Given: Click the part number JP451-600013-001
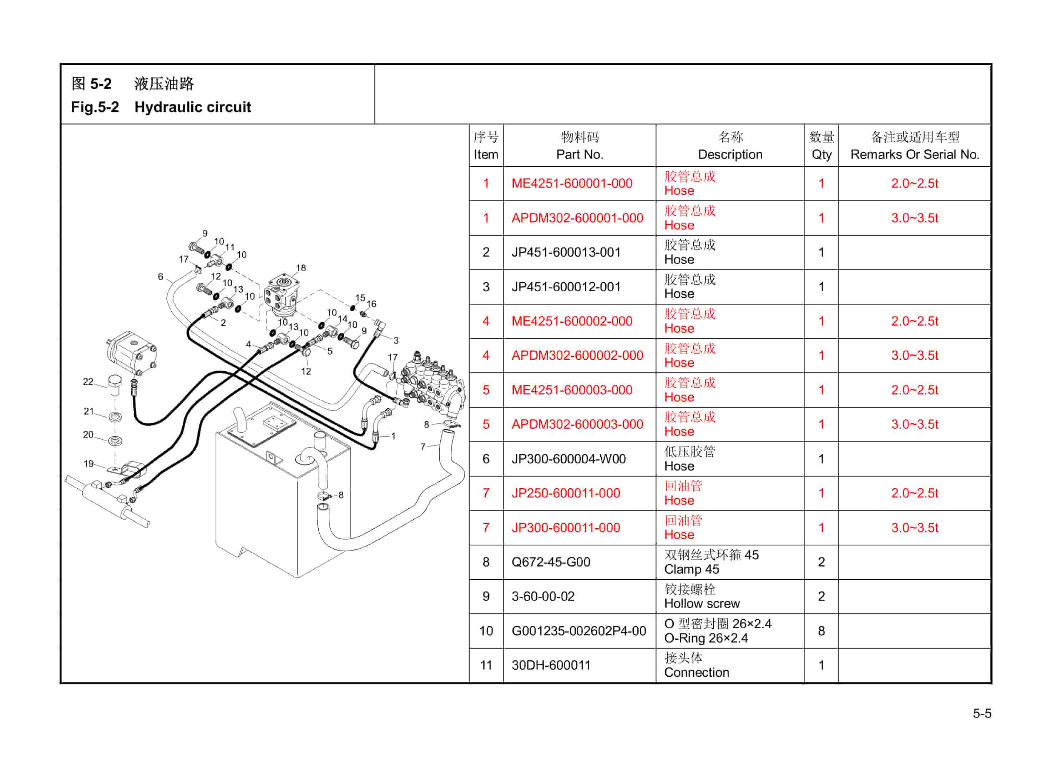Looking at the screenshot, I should (566, 252).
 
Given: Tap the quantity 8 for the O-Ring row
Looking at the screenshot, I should (821, 631).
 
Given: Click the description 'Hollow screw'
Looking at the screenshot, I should (702, 604).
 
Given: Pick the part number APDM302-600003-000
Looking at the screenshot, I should (577, 424).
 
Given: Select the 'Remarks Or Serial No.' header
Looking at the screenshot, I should (914, 155).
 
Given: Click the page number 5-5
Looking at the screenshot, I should (982, 713).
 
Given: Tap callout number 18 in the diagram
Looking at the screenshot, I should (301, 268).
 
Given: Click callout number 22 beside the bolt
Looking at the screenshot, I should (88, 382).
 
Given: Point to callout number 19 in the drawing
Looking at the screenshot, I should (88, 464).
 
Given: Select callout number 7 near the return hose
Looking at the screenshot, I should (423, 447).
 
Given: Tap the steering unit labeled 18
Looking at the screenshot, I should (282, 292).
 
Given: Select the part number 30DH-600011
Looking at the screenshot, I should (551, 665).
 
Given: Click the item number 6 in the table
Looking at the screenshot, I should (486, 459).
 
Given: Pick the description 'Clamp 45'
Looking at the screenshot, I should (691, 569).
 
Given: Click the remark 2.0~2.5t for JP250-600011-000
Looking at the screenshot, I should (914, 493).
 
